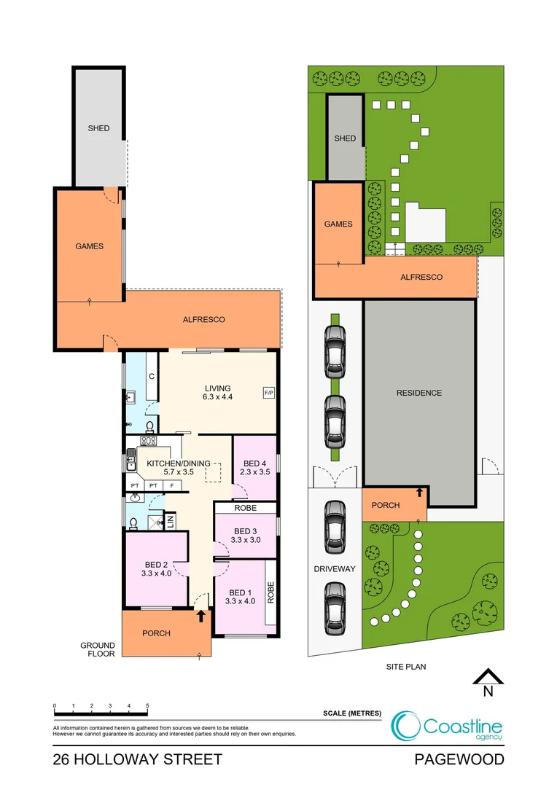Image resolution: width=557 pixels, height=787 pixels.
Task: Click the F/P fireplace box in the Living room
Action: [x=269, y=393]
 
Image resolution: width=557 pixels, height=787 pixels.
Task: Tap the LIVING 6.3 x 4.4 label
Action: [x=217, y=393]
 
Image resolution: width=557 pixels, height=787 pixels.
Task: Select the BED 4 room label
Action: [x=255, y=467]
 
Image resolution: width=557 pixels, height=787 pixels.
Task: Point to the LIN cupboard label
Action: [x=170, y=521]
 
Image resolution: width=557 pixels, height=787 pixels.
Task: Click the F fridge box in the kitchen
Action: [x=172, y=485]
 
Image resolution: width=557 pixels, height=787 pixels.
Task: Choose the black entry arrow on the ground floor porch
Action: [x=201, y=615]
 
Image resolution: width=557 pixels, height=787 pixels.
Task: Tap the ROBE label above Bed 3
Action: [x=246, y=508]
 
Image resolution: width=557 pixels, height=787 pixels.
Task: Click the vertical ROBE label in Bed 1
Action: [x=271, y=592]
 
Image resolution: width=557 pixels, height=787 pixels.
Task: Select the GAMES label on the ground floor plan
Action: [x=90, y=246]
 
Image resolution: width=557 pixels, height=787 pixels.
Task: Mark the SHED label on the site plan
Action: [x=345, y=138]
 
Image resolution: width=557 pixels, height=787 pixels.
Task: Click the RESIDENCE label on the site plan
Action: [x=419, y=393]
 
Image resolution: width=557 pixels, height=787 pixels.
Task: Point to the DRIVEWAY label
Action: [x=335, y=568]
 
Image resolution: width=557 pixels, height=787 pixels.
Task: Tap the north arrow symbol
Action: [x=488, y=683]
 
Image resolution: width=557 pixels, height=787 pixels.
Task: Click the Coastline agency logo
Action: [x=446, y=726]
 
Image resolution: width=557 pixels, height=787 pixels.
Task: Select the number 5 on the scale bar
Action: [x=147, y=705]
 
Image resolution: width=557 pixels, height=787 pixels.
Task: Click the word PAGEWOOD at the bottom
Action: [x=459, y=759]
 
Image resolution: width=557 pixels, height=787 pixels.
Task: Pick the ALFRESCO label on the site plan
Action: [x=421, y=277]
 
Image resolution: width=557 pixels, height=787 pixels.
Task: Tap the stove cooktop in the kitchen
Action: [x=148, y=441]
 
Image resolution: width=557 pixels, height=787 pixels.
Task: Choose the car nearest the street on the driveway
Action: [x=335, y=608]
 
